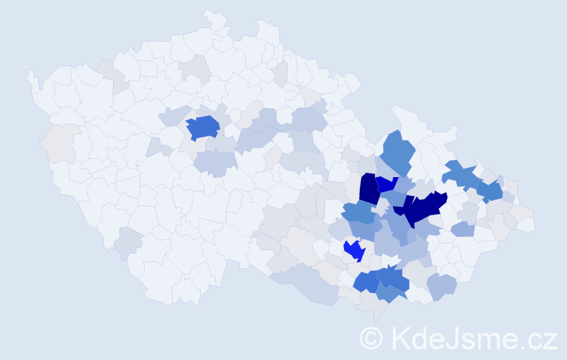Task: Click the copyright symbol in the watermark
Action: pyautogui.click(x=371, y=338)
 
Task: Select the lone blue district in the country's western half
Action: pyautogui.click(x=203, y=127)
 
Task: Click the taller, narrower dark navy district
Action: pyautogui.click(x=368, y=189)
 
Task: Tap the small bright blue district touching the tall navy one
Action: pyautogui.click(x=386, y=184)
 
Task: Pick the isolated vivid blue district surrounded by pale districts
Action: pyautogui.click(x=354, y=250)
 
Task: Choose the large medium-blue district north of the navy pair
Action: pyautogui.click(x=398, y=152)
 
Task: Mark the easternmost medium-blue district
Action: pyautogui.click(x=490, y=191)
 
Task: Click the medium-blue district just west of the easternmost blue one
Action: pyautogui.click(x=461, y=174)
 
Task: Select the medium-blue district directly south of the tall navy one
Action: pyautogui.click(x=358, y=213)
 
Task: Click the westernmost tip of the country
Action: pyautogui.click(x=29, y=74)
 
